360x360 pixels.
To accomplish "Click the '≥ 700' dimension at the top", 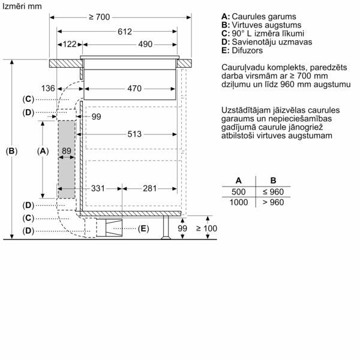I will coord(98,17).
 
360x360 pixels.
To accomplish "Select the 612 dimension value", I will coord(124,31).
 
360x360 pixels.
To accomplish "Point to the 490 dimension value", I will coord(145,44).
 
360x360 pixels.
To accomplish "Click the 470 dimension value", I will coord(134,89).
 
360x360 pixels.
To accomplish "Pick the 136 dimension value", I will coord(49,89).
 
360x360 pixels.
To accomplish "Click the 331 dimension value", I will coord(97,188).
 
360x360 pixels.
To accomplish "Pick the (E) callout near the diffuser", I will coord(143,228).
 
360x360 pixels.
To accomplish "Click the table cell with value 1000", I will coord(239,202).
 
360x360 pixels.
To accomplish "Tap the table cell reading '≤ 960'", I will coord(272,191).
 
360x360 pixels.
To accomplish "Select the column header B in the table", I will coord(272,180).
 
